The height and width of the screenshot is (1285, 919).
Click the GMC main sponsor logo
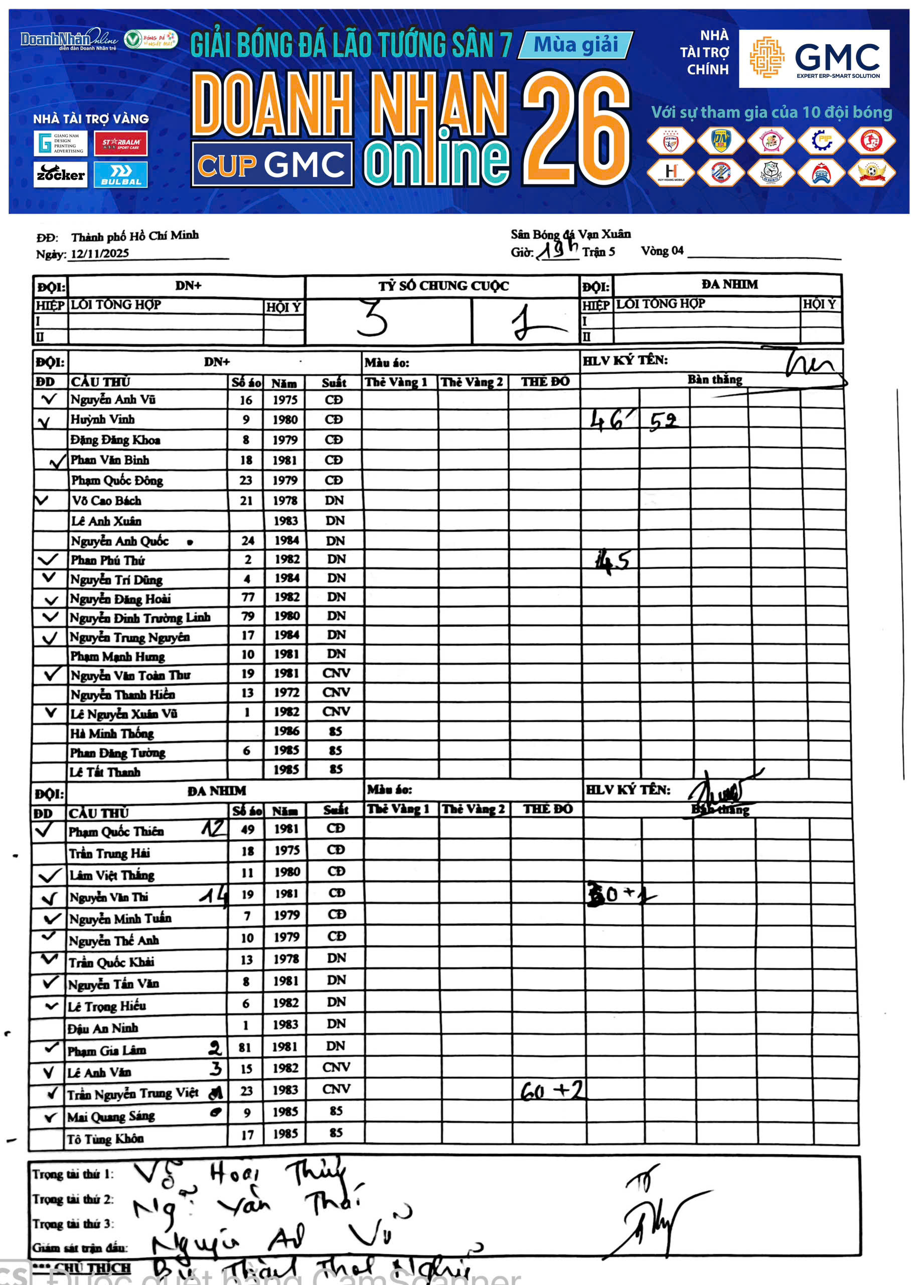click(x=814, y=58)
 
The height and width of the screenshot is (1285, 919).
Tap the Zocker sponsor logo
click(x=60, y=174)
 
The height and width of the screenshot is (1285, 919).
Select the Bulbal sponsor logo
click(x=120, y=174)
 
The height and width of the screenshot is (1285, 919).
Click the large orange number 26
click(x=575, y=129)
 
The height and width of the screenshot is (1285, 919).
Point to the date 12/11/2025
click(x=100, y=253)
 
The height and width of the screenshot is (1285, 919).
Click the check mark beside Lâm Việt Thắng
click(x=49, y=875)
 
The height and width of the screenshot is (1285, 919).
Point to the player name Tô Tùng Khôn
click(x=105, y=1138)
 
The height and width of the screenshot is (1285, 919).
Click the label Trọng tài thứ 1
click(x=72, y=1175)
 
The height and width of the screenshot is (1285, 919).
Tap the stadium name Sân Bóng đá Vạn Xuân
click(x=570, y=234)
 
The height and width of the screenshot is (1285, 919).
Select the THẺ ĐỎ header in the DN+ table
click(x=545, y=382)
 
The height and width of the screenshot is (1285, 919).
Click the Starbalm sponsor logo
click(x=120, y=143)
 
